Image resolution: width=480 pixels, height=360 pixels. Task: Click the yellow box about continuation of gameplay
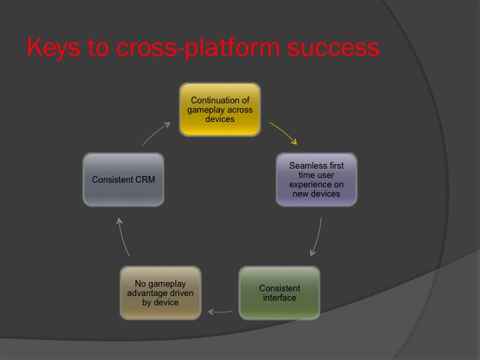(x=220, y=110)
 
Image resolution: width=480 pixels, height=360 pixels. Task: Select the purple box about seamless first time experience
(x=316, y=179)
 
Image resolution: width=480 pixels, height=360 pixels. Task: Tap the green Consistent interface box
(x=279, y=293)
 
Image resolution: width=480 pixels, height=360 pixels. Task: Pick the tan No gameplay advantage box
(x=161, y=293)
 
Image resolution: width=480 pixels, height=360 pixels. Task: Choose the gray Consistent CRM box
(x=123, y=179)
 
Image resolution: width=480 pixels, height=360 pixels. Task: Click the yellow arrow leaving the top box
(x=284, y=133)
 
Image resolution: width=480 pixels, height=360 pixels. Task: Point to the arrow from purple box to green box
(x=317, y=237)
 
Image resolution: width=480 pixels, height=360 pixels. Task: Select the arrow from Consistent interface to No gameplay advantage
(x=220, y=310)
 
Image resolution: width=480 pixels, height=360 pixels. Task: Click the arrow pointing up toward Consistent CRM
(x=124, y=237)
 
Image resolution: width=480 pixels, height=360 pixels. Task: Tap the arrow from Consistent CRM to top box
(x=157, y=133)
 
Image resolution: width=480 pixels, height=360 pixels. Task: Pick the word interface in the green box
(x=280, y=297)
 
